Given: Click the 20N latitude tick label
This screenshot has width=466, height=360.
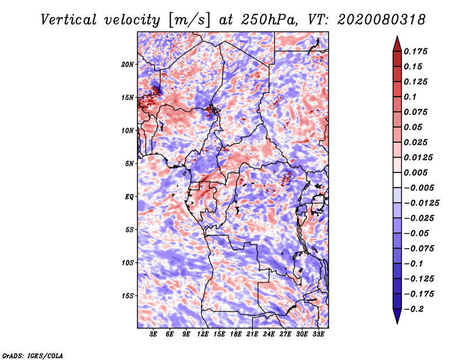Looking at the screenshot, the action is pyautogui.click(x=128, y=65).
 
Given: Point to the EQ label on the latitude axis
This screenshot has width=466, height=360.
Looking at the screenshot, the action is pyautogui.click(x=129, y=197).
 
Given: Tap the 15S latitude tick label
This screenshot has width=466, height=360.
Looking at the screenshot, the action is pyautogui.click(x=128, y=296).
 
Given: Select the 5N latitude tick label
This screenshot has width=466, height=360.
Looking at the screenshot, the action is pyautogui.click(x=129, y=164).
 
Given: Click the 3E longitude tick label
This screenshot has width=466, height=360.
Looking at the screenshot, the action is pyautogui.click(x=153, y=334).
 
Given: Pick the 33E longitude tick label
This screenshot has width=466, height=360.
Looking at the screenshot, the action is pyautogui.click(x=318, y=334).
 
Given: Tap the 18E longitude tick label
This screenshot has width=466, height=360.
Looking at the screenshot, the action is pyautogui.click(x=236, y=334).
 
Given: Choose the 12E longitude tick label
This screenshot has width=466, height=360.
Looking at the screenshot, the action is pyautogui.click(x=203, y=334).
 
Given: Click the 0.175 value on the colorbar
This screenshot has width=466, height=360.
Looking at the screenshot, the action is pyautogui.click(x=415, y=51).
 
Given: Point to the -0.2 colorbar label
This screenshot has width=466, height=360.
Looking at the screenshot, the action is pyautogui.click(x=414, y=309).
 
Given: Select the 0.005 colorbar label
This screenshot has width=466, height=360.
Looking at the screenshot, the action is pyautogui.click(x=415, y=172).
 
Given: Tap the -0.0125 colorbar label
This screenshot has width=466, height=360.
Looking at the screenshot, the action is pyautogui.click(x=421, y=203).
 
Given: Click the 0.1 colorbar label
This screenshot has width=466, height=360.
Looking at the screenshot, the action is pyautogui.click(x=410, y=97).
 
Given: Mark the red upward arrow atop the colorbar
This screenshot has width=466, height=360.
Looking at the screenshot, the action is pyautogui.click(x=397, y=44).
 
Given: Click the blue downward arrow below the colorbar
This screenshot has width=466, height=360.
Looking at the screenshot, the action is pyautogui.click(x=397, y=316).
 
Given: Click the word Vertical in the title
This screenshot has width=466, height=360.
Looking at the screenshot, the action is pyautogui.click(x=69, y=20).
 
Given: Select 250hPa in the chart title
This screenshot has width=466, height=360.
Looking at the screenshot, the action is pyautogui.click(x=269, y=20).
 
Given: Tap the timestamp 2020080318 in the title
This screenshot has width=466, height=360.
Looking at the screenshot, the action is pyautogui.click(x=381, y=20).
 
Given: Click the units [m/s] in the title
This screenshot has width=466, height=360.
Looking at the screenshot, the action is pyautogui.click(x=189, y=20).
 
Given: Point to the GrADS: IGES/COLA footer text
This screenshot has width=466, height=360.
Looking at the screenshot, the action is pyautogui.click(x=33, y=355).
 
